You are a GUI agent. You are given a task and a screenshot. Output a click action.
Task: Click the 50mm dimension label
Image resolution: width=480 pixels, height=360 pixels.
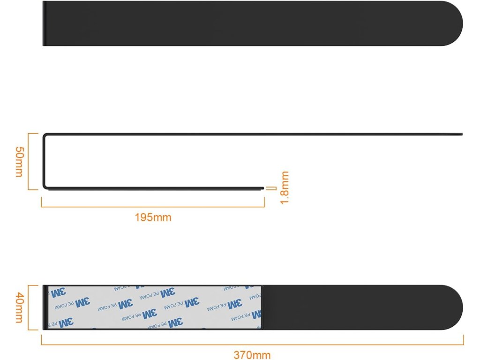point(19,162)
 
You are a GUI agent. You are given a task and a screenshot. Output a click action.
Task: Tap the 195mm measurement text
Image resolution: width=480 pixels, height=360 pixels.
point(153,217)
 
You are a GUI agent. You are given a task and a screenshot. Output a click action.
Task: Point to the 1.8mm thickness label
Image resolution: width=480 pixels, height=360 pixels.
point(284,187)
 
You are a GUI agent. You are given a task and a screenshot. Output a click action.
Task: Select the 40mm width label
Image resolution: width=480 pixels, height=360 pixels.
point(19,307)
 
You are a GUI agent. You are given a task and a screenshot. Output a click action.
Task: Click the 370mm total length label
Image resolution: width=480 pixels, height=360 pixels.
point(252,355)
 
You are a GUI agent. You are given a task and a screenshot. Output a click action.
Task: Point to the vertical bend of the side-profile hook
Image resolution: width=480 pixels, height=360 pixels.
point(44,162)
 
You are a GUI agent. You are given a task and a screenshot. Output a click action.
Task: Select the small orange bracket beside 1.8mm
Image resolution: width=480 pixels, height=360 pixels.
point(271,188)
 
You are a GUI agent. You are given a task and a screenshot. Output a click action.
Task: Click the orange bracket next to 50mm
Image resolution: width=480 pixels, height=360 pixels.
point(31,162)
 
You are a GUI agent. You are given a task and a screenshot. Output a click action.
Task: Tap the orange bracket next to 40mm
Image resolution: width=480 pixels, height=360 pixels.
point(31,307)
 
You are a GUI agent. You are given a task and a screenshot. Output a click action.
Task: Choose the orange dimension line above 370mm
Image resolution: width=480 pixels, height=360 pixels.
point(252,345)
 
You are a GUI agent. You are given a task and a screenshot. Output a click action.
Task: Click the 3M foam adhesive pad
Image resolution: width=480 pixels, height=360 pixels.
point(155,307)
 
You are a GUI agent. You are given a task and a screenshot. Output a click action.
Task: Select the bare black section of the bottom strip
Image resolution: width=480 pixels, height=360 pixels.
point(356,307)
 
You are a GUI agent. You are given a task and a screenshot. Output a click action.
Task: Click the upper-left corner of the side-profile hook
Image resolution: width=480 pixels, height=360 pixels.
point(45,135)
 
